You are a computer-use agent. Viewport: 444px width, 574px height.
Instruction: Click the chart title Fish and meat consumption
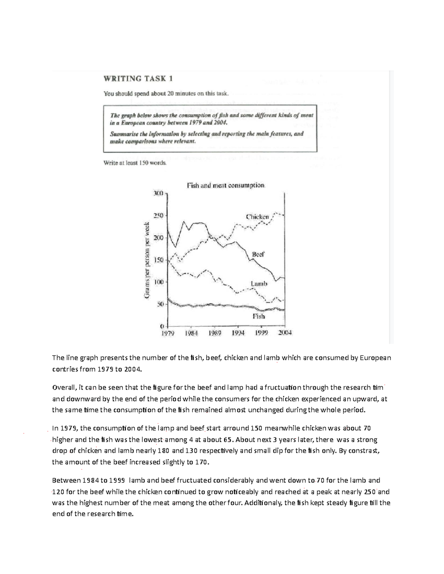[x=226, y=185]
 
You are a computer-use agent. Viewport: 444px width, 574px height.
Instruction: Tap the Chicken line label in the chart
[x=258, y=217]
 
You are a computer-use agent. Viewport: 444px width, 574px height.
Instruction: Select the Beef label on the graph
[x=258, y=254]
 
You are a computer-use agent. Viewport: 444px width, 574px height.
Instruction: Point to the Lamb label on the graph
[x=259, y=283]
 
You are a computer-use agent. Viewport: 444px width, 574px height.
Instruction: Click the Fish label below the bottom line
[x=259, y=316]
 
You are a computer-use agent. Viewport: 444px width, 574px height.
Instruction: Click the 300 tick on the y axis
[x=158, y=193]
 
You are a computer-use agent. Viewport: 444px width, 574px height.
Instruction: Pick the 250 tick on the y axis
[x=158, y=215]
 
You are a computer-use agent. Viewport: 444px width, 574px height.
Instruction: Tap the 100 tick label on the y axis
[x=158, y=282]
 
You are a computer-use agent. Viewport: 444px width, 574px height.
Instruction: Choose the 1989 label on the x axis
[x=215, y=333]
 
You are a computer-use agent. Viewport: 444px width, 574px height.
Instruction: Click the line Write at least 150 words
[x=135, y=163]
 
